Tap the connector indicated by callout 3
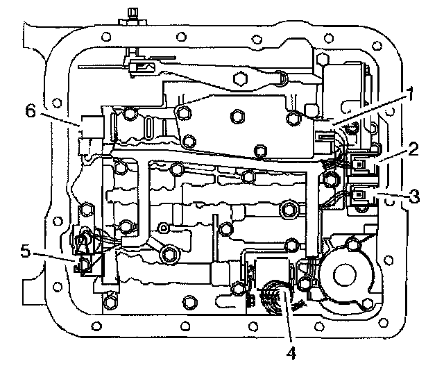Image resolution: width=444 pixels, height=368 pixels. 361,198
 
